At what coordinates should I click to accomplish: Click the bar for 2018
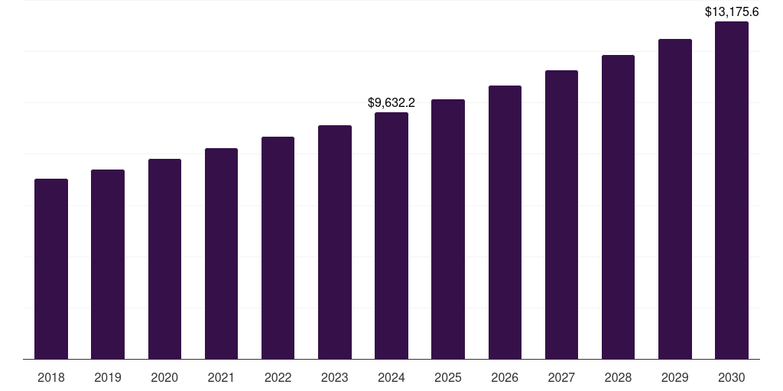point(51,269)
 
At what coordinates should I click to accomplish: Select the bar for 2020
point(164,259)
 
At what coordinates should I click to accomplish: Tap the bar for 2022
point(278,248)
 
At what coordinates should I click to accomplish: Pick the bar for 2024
point(391,236)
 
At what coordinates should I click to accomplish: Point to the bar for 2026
point(505,222)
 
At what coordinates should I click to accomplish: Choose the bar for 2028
point(618,207)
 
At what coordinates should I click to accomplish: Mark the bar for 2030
point(732,190)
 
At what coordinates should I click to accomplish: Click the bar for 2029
point(675,199)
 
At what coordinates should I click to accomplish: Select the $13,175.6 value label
point(732,11)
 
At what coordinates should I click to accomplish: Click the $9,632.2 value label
point(391,102)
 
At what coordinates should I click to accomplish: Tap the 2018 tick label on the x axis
point(51,377)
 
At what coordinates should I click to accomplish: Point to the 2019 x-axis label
point(108,377)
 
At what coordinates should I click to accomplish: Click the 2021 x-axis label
point(221,377)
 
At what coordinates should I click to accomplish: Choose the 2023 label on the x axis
point(335,377)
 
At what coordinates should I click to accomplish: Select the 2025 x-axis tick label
point(448,377)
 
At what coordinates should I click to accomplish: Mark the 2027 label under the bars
point(561,377)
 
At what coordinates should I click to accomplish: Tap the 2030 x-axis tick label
point(732,377)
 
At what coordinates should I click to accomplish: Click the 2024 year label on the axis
point(391,377)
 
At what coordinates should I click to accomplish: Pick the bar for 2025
point(448,229)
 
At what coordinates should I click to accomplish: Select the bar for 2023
point(335,242)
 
